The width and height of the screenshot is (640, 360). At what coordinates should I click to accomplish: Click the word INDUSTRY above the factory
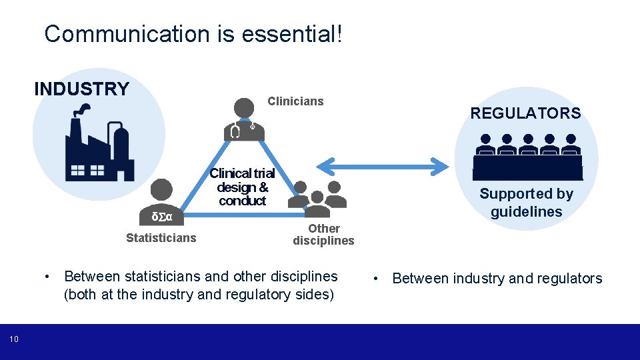click(81, 89)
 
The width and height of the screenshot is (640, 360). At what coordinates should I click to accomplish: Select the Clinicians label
click(295, 101)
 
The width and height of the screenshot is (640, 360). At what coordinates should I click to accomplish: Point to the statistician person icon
click(162, 197)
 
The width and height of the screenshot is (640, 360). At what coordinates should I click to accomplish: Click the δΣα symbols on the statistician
click(162, 217)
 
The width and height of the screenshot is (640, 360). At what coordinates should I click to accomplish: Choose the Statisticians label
click(161, 238)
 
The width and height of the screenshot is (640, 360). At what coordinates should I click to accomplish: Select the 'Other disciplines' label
click(323, 235)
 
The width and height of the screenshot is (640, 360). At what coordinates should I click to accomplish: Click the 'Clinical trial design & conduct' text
click(242, 187)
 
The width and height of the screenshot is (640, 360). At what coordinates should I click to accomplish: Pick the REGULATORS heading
click(525, 113)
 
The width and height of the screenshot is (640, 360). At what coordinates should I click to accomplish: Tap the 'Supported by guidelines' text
click(526, 203)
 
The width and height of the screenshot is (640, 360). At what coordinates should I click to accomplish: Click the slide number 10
click(14, 340)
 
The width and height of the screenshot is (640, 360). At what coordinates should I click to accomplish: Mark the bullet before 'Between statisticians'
click(47, 276)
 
